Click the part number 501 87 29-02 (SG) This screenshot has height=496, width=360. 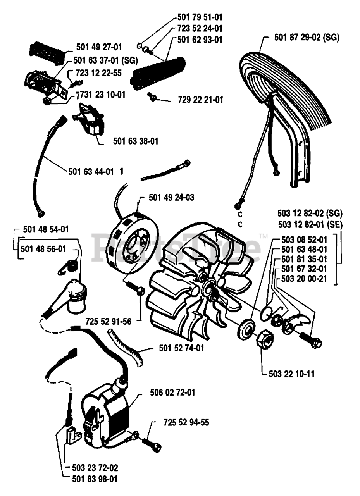[x=307, y=38]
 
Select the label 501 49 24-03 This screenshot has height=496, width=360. [x=171, y=198]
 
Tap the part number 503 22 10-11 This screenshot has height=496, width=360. [x=291, y=374]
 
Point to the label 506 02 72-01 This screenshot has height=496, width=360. [x=172, y=393]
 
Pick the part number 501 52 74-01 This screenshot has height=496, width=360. [x=182, y=348]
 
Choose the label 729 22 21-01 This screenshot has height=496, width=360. [x=200, y=100]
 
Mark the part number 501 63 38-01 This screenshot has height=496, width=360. [x=136, y=141]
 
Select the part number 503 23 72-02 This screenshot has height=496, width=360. [x=95, y=468]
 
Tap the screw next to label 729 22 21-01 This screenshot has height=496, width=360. [x=152, y=97]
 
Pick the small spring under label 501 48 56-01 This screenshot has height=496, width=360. [x=71, y=267]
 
